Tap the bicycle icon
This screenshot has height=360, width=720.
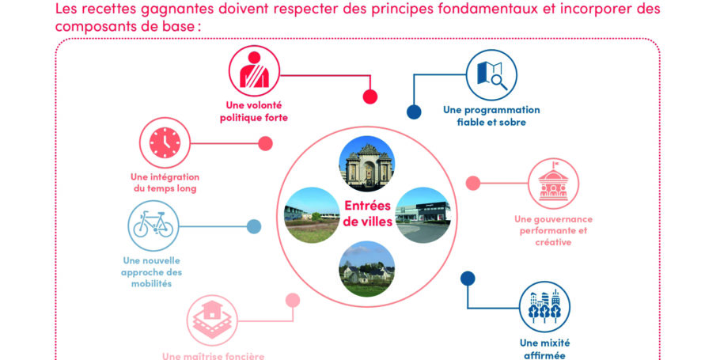pos(153,225)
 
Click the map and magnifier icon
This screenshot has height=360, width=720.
pos(491,74)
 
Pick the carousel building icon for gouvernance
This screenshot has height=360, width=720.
pos(553,184)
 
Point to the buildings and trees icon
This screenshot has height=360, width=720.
pos(544,307)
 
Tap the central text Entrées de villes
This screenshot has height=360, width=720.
pos(368,213)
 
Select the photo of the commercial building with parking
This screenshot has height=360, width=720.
pos(422,214)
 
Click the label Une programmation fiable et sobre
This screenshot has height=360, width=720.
pos(491,116)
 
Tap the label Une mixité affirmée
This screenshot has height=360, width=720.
pos(544,349)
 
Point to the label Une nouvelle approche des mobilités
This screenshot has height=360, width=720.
pos(153,271)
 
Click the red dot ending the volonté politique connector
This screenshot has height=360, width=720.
pos(369,97)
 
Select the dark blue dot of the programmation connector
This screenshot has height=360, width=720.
pos(413,112)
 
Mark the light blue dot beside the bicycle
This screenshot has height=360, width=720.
pos(253,227)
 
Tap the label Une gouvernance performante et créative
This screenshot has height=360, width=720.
pos(553,230)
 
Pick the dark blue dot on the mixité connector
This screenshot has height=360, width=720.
pos(468,279)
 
